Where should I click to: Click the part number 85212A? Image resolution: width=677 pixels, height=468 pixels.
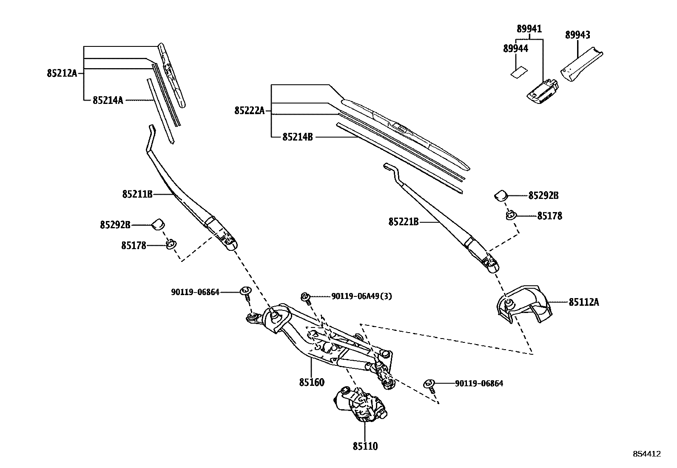click(62, 73)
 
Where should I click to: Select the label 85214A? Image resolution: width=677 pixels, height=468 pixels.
click(108, 100)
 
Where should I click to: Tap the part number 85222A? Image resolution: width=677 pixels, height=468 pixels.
click(249, 111)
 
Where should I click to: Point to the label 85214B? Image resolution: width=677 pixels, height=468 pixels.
click(297, 137)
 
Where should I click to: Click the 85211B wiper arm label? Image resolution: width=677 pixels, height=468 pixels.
click(137, 194)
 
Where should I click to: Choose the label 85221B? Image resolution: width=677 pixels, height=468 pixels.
click(403, 222)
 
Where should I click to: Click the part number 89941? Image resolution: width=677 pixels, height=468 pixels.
click(529, 29)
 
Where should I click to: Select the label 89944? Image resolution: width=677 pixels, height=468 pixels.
click(515, 49)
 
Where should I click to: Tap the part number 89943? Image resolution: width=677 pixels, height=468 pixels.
click(577, 35)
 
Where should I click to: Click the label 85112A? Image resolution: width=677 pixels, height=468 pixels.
click(583, 302)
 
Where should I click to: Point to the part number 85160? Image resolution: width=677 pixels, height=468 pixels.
click(311, 382)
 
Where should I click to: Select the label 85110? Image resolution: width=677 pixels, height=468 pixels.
click(365, 446)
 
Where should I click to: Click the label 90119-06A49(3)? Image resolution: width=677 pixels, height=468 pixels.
click(361, 296)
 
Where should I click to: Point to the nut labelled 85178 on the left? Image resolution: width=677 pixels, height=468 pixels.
click(171, 244)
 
